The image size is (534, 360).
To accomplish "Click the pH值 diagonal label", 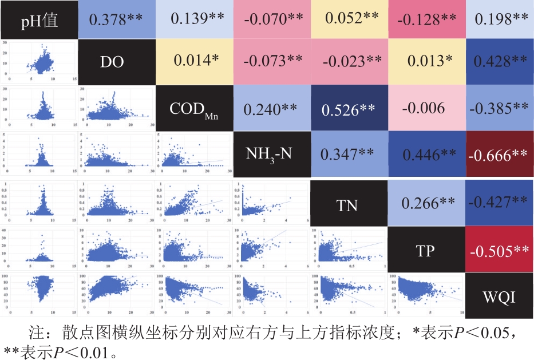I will [39, 19].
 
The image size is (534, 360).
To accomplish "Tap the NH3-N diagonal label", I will [272, 154].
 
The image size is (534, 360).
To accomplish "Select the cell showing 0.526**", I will [349, 108].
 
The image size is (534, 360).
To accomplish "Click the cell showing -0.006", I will [426, 108].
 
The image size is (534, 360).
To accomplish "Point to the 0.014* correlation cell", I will [195, 62].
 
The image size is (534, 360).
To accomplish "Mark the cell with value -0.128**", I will [426, 19].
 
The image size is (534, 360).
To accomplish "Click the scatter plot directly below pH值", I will [39, 62].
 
